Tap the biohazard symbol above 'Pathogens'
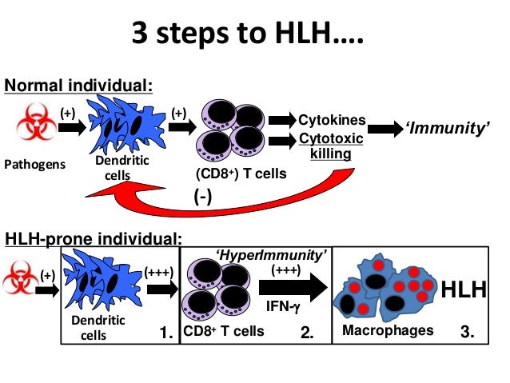(34, 128)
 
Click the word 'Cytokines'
(332, 121)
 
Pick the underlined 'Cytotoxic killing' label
(330, 146)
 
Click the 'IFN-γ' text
(279, 305)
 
